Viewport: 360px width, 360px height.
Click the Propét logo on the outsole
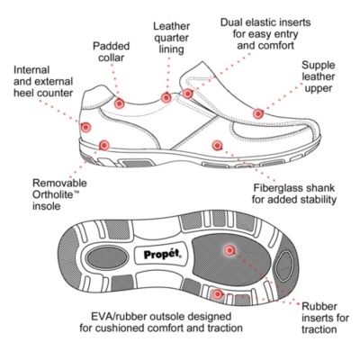pyautogui.click(x=162, y=255)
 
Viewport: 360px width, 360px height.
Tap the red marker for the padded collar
pyautogui.click(x=119, y=103)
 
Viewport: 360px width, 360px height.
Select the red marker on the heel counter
pyautogui.click(x=85, y=127)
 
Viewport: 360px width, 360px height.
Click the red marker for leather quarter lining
pyautogui.click(x=166, y=97)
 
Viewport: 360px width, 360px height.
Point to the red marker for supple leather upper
pyautogui.click(x=257, y=113)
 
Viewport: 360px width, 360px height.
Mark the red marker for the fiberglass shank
pyautogui.click(x=217, y=146)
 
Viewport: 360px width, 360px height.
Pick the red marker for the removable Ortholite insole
pyautogui.click(x=104, y=146)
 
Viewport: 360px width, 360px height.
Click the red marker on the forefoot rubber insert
pyautogui.click(x=229, y=250)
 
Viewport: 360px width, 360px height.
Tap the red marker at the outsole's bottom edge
pyautogui.click(x=217, y=294)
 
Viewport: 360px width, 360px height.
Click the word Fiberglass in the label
pyautogui.click(x=274, y=188)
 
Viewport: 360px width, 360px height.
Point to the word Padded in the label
pyautogui.click(x=111, y=46)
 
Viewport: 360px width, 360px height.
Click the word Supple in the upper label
pyautogui.click(x=318, y=66)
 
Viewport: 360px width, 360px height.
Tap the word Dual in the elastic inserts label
pyautogui.click(x=231, y=22)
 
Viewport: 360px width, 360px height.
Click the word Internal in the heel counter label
pyautogui.click(x=31, y=70)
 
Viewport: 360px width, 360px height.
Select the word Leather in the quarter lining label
pyautogui.click(x=172, y=26)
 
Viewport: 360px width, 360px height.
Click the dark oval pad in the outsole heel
pyautogui.click(x=107, y=257)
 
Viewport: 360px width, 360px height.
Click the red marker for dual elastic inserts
pyautogui.click(x=187, y=94)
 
